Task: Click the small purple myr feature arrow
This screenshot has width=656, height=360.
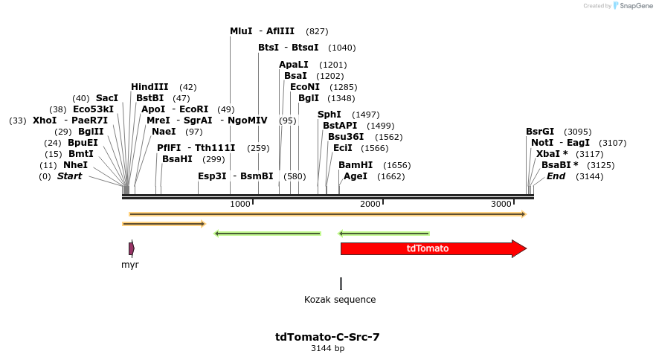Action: [131, 248]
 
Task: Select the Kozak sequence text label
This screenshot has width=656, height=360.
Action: [340, 300]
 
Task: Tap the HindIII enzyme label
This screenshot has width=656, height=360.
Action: [149, 87]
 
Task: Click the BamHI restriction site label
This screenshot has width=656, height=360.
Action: [356, 165]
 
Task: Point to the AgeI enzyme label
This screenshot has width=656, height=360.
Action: [356, 176]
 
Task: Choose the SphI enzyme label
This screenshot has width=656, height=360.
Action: [329, 115]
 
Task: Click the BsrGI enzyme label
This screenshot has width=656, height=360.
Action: [540, 132]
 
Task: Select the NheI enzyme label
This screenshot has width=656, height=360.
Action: [75, 165]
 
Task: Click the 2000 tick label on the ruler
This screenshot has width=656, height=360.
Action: [370, 204]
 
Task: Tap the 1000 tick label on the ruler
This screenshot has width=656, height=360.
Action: [240, 204]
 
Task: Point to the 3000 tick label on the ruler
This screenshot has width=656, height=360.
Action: [501, 204]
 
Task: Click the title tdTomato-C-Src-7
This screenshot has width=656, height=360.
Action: [327, 337]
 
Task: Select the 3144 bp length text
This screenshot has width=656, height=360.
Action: [327, 348]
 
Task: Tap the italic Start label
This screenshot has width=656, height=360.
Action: [69, 176]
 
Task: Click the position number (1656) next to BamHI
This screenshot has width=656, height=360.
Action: [397, 165]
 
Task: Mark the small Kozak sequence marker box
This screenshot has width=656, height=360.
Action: [341, 283]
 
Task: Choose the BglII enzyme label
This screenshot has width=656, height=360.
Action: [90, 132]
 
